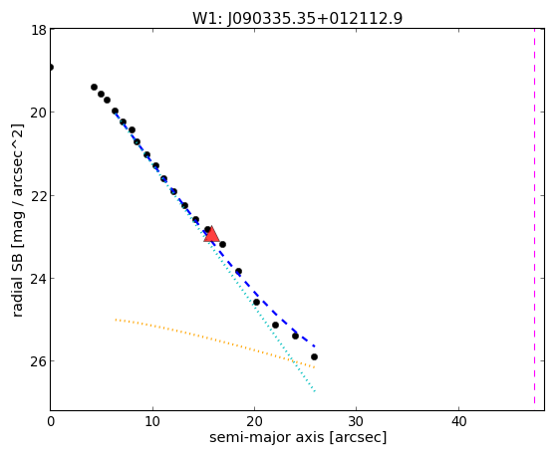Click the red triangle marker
(x=211, y=234)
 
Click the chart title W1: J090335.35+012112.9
(x=298, y=18)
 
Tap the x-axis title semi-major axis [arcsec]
(x=298, y=437)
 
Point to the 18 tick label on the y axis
(x=38, y=29)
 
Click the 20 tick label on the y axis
(x=38, y=113)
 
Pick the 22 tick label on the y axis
(x=38, y=195)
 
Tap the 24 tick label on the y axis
(x=38, y=278)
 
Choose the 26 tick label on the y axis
(x=38, y=361)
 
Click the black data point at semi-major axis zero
(x=51, y=67)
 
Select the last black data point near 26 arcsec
(x=314, y=356)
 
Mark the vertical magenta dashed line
(x=534, y=216)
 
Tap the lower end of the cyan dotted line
(x=315, y=391)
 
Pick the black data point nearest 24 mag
(x=238, y=271)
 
